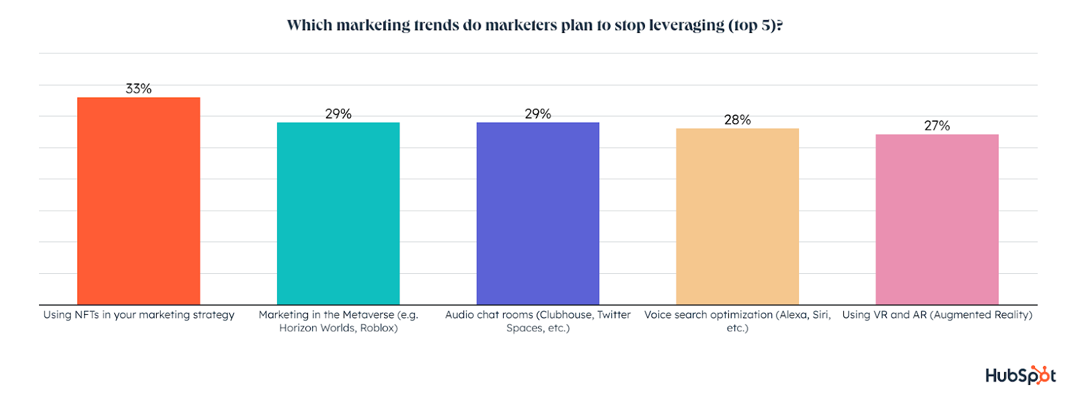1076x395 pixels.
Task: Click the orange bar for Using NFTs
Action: [x=139, y=201]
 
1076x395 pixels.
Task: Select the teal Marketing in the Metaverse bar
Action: [x=338, y=213]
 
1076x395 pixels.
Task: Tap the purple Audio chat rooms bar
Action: [x=538, y=213]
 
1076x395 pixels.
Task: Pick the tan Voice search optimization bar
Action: [x=737, y=217]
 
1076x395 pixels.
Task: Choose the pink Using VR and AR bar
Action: [x=937, y=219]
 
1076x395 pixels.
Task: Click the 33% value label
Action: [x=139, y=89]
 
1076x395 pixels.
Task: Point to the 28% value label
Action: [x=737, y=120]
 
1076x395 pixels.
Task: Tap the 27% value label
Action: [x=937, y=126]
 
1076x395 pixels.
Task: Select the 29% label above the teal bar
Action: [x=338, y=114]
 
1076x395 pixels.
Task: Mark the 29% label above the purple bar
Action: [x=538, y=114]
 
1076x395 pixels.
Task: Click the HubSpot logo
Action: [x=1020, y=375]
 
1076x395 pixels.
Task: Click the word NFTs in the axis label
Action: [x=87, y=315]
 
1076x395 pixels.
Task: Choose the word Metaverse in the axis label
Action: [x=368, y=315]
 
